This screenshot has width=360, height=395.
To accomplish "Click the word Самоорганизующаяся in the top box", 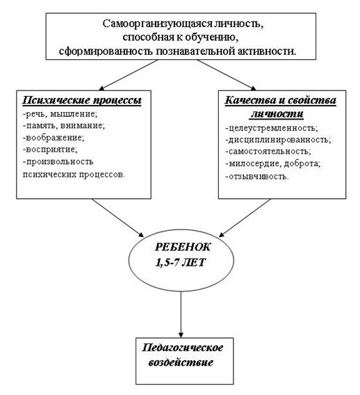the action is tap(157, 24).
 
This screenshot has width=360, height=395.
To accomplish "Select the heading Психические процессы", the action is tap(82, 100).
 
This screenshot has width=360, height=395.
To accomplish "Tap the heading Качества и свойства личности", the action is tap(280, 107).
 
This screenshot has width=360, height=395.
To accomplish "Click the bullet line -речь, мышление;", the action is tap(60, 114).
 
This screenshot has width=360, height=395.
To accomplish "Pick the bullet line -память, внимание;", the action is tap(63, 125).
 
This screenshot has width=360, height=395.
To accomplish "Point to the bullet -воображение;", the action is tap(54, 138).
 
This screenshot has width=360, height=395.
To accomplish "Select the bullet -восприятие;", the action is tap(50, 149).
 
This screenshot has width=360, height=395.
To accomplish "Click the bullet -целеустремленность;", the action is tap(272, 128).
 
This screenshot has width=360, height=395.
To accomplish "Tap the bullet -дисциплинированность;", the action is tap(278, 139).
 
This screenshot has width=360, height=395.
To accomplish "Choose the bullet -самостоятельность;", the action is tap(268, 151).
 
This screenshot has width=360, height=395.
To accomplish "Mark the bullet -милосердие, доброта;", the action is tap(273, 163).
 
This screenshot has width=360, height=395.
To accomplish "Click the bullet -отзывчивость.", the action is tap(257, 176).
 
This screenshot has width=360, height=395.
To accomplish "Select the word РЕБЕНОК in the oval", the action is tap(182, 247).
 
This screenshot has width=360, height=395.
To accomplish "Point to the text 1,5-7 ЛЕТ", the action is tap(181, 262).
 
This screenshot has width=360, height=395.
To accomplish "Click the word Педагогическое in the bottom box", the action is tap(183, 348).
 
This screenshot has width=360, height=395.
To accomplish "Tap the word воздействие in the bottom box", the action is tap(181, 362).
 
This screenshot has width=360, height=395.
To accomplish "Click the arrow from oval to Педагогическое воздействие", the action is tap(181, 314).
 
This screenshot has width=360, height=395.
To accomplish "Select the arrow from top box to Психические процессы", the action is tap(129, 75).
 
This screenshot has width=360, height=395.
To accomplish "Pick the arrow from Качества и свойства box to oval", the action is tap(245, 218).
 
